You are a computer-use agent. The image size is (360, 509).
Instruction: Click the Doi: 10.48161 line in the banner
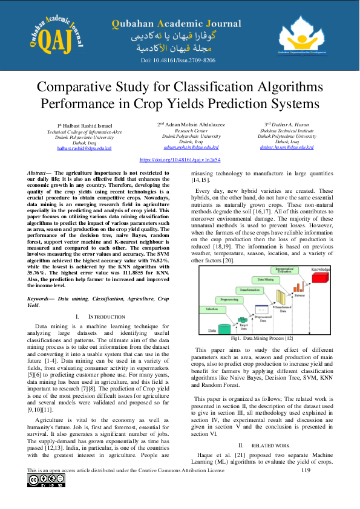coord(178,60)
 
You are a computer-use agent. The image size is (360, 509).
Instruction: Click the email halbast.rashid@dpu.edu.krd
coord(84,148)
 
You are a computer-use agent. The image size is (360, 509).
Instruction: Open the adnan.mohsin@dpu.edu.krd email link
coord(191,147)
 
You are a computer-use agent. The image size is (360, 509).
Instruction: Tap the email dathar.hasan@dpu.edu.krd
coord(286,147)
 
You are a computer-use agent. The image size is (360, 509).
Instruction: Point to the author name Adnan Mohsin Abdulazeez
coord(194,125)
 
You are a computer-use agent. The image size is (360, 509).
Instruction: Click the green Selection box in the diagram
coord(212,309)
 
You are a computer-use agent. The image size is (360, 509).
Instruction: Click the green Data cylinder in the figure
coord(212,326)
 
